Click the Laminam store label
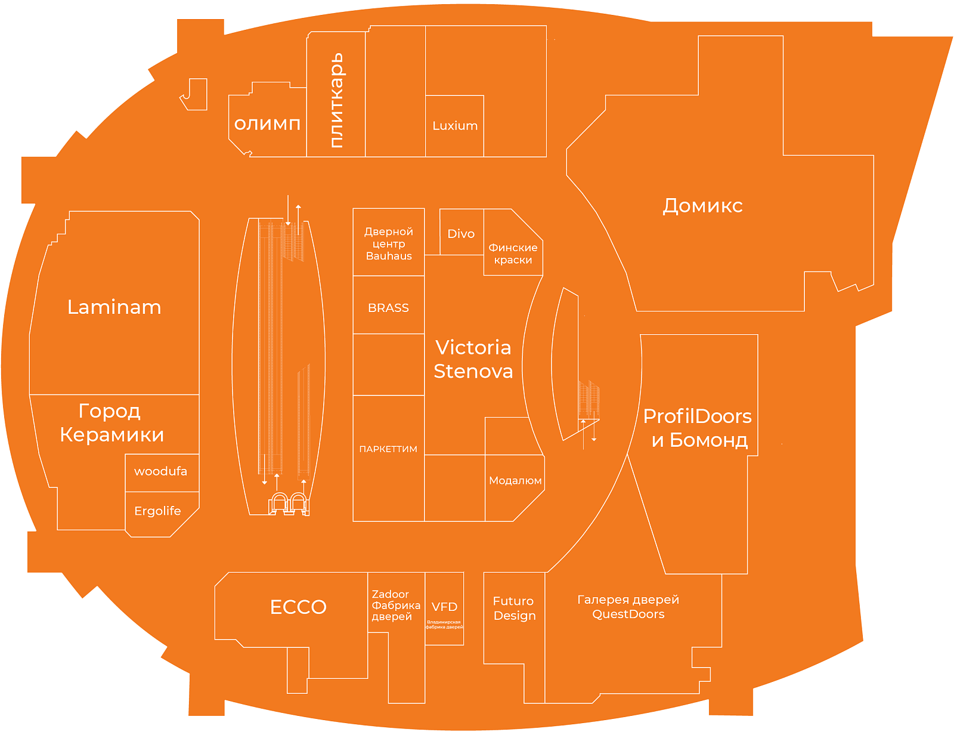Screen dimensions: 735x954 [x=114, y=307]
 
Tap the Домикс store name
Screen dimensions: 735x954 [x=702, y=206]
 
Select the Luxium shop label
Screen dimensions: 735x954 [x=455, y=126]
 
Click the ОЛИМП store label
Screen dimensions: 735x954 [x=267, y=124]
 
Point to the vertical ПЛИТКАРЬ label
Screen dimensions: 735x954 [x=337, y=100]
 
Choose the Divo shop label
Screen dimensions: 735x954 [x=461, y=234]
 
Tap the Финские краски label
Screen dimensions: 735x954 [x=513, y=254]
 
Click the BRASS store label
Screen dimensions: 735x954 [x=388, y=308]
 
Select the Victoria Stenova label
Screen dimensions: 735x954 [x=473, y=359]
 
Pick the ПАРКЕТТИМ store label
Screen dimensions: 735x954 [x=388, y=449]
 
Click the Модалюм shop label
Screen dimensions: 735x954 [x=515, y=481]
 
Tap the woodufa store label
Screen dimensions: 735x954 [x=160, y=471]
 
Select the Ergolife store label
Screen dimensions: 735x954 [x=157, y=511]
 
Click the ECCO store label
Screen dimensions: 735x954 [x=298, y=607]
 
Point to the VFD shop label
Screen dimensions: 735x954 [x=444, y=607]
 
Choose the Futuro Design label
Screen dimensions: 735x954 [x=514, y=609]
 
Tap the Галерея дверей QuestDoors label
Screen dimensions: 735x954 [x=628, y=607]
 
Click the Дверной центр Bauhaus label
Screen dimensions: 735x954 [x=389, y=243]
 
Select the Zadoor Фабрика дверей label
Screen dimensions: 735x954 [x=395, y=606]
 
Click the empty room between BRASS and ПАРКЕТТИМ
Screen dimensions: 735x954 [x=388, y=365]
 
